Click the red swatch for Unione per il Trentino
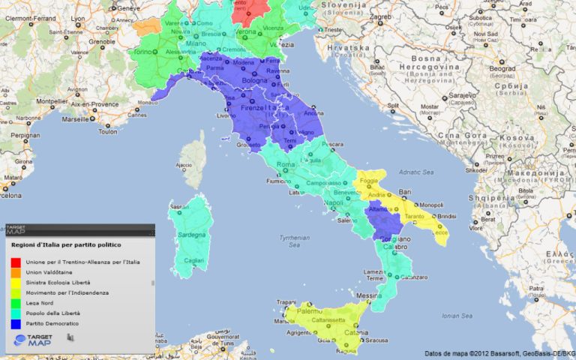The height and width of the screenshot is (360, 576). click(15, 262)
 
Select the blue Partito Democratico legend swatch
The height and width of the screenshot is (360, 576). click(15, 322)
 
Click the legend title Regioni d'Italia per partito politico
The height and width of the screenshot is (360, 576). click(67, 244)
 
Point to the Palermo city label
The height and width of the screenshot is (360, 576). click(308, 310)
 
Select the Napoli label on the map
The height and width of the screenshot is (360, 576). click(334, 202)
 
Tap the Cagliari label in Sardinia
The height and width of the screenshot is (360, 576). click(193, 259)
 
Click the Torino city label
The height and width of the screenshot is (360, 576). click(142, 52)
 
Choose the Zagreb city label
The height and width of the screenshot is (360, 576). click(380, 16)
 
